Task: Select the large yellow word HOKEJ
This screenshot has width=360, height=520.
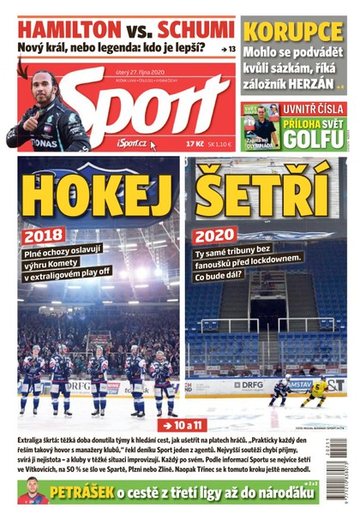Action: (97, 189)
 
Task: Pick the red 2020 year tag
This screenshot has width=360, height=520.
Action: (214, 235)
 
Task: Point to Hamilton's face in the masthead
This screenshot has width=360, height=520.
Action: (45, 85)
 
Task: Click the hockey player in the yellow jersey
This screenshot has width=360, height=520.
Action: (316, 391)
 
